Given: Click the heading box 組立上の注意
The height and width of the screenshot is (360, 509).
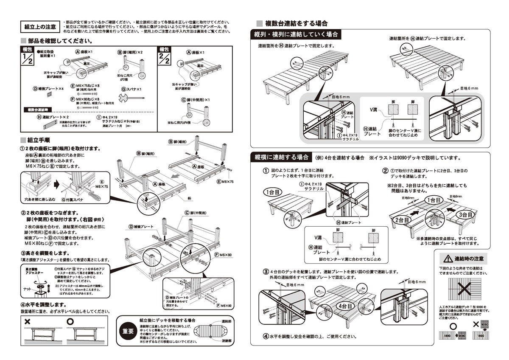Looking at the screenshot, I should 40,26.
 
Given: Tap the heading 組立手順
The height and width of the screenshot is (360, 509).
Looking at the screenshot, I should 39,140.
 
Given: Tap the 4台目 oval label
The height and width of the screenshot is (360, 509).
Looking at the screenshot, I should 346,306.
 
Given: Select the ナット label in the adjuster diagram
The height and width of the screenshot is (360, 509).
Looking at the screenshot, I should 27,288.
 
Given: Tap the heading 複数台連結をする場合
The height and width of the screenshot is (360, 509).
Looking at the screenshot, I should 296,23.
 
